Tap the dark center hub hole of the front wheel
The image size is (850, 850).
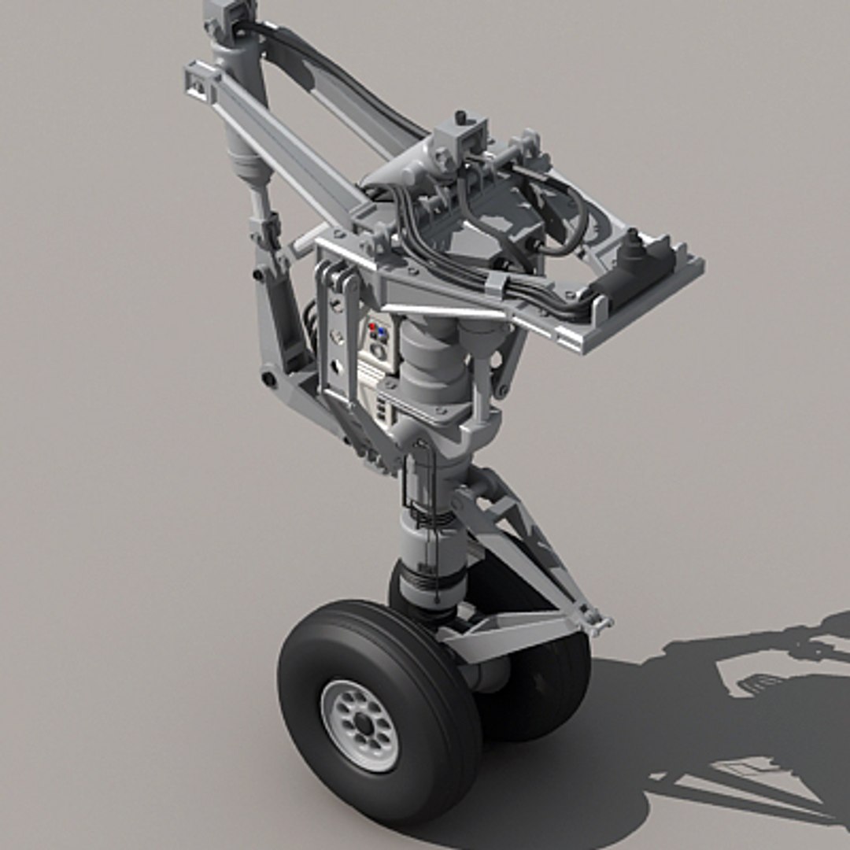coord(363,724)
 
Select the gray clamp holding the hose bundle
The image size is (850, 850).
coord(495,284)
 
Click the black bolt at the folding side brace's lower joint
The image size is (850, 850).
coord(270,380)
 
